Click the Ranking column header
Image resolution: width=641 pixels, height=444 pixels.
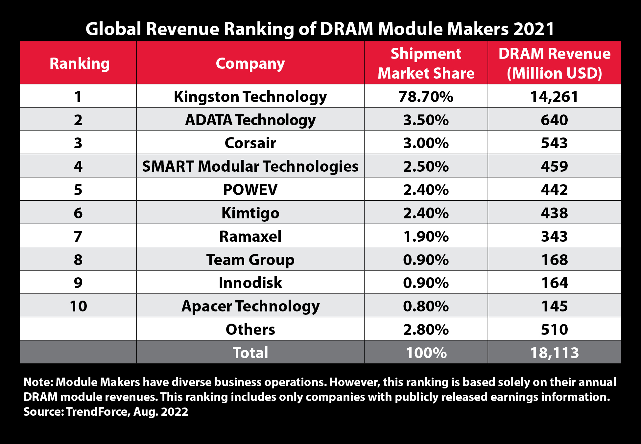coord(79,63)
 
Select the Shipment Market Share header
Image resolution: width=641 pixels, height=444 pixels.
coord(426,63)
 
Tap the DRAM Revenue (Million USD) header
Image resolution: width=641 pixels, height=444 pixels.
coord(554,63)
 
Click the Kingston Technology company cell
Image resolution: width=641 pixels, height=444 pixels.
coord(250,97)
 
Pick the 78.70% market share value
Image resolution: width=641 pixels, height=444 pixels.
coord(426,97)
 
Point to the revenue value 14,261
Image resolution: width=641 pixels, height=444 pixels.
coord(554,97)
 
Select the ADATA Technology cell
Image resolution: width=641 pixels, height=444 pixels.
coord(250,120)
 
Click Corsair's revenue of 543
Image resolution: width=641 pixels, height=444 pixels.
coord(554,143)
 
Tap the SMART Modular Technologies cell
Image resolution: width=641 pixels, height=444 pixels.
coord(250,166)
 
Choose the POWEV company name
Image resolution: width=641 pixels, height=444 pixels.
coord(250,190)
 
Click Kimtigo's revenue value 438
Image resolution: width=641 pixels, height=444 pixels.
coord(554,213)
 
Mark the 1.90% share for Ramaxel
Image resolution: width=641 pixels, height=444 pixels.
coord(426,236)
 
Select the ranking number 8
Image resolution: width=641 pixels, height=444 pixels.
coord(78,260)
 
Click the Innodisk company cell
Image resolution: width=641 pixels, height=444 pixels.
coord(250,283)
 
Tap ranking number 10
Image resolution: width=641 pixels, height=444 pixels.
coord(78,306)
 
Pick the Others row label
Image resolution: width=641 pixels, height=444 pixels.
coord(250,330)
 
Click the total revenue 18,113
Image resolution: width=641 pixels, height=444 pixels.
coord(554,353)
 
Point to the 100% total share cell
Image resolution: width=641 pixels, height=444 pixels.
coord(426,353)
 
